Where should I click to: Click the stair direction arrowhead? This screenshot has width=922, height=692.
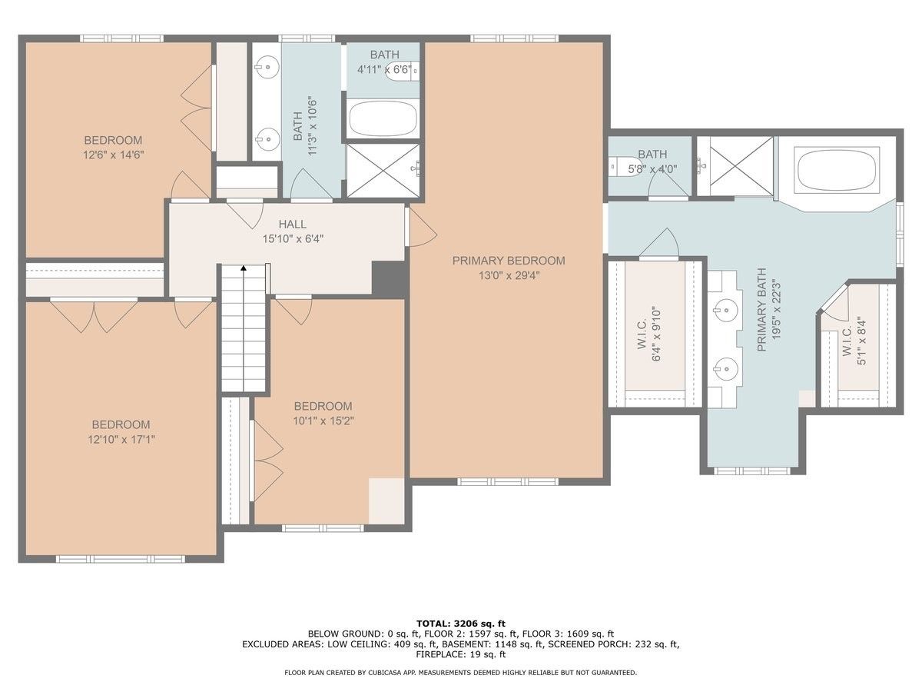(244, 268)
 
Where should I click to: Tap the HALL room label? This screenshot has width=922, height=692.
(293, 224)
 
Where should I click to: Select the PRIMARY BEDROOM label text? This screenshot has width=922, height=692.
(509, 261)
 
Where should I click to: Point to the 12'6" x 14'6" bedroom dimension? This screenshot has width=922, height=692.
(114, 155)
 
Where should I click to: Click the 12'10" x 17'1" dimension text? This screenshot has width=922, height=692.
(121, 440)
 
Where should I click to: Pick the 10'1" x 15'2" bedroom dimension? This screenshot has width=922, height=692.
(323, 421)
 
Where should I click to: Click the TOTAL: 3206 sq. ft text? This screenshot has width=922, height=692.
(461, 623)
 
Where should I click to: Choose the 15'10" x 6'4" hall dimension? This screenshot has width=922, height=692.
(293, 239)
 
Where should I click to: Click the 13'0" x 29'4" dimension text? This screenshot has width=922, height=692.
(509, 275)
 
